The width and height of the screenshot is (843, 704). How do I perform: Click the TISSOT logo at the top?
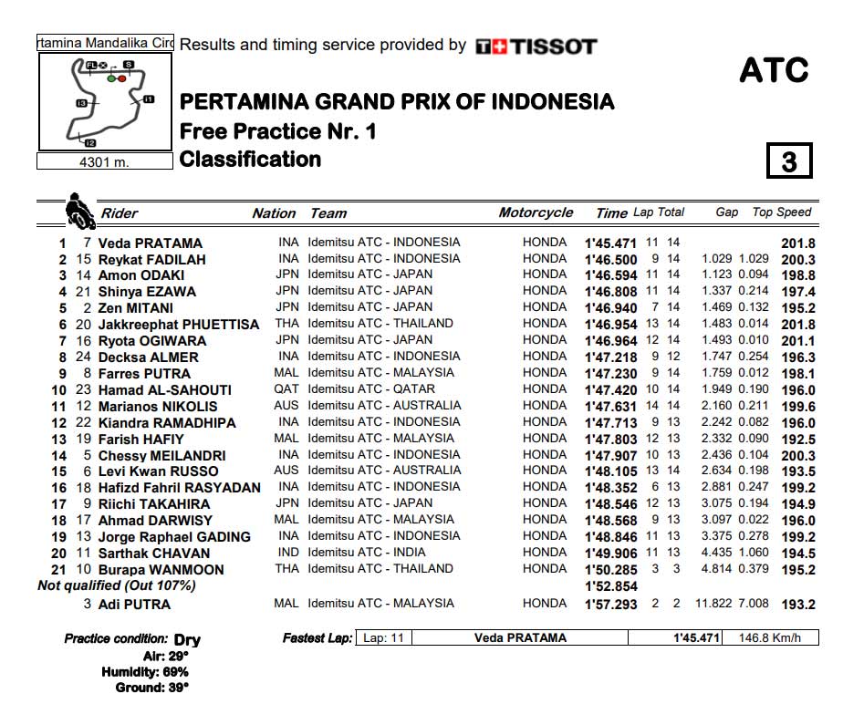pyautogui.click(x=536, y=46)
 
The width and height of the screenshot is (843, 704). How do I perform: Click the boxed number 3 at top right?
pyautogui.click(x=789, y=161)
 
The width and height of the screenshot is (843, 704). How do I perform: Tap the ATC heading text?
pyautogui.click(x=774, y=70)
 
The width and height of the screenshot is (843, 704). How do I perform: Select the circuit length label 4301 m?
pyautogui.click(x=104, y=161)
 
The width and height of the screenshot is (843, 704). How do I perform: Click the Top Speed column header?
pyautogui.click(x=782, y=212)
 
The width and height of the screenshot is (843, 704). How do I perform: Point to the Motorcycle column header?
pyautogui.click(x=536, y=212)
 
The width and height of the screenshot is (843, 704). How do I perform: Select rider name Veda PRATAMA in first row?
pyautogui.click(x=150, y=243)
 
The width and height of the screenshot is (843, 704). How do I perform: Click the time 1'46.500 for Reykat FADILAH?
pyautogui.click(x=610, y=260)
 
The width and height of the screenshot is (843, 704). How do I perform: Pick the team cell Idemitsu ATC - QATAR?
pyautogui.click(x=371, y=389)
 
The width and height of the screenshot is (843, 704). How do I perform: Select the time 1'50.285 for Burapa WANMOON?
pyautogui.click(x=610, y=570)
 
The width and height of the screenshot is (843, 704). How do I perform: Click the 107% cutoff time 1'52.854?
pyautogui.click(x=610, y=586)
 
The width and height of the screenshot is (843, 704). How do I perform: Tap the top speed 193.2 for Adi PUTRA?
pyautogui.click(x=798, y=605)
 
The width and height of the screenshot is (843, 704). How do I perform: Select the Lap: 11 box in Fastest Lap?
pyautogui.click(x=382, y=638)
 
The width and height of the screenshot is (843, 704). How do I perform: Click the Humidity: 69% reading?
pyautogui.click(x=146, y=671)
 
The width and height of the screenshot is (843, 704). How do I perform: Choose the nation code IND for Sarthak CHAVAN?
pyautogui.click(x=286, y=553)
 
